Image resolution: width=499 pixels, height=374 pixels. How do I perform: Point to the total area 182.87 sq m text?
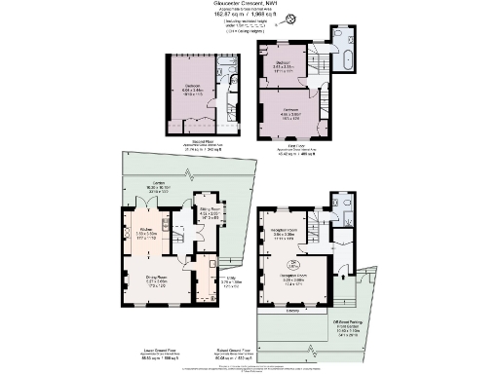tap(249, 16)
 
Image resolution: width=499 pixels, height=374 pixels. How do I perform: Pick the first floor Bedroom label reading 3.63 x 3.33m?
tap(284, 63)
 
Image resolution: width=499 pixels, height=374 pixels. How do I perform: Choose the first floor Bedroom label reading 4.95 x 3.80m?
tap(287, 112)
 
